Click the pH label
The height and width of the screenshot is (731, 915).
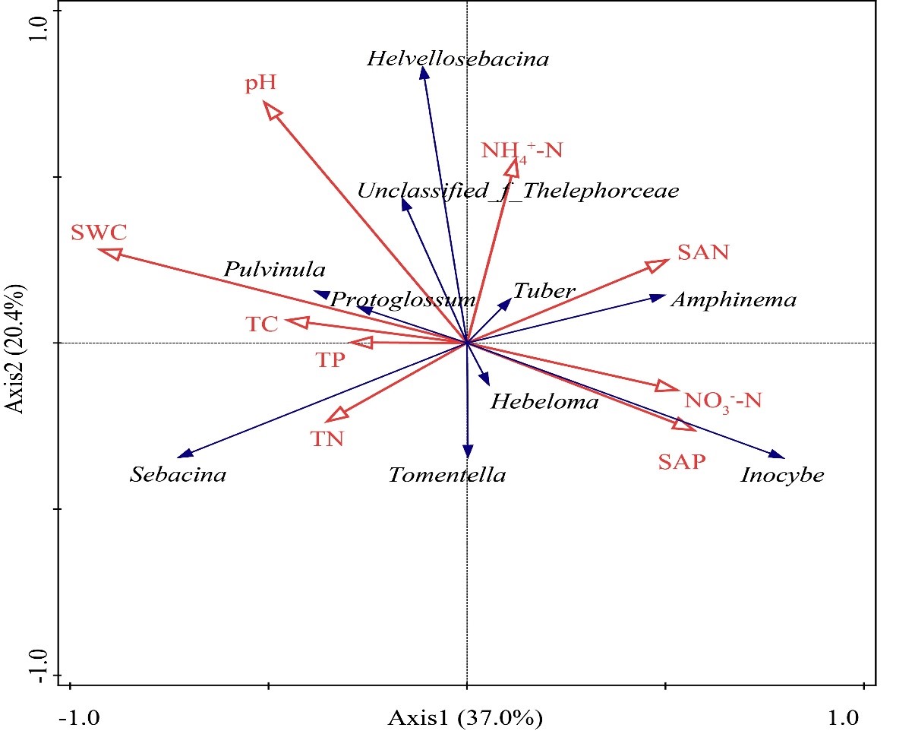tap(260, 83)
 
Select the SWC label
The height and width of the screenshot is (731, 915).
tap(99, 233)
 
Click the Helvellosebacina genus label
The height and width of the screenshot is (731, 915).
tap(457, 59)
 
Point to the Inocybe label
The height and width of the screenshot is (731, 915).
tap(782, 476)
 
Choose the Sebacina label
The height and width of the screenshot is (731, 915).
tap(178, 476)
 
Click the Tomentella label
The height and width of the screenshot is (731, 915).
tap(446, 476)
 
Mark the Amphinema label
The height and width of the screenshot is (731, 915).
tap(734, 300)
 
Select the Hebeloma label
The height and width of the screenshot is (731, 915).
tap(544, 402)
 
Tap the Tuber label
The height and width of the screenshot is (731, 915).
tap(544, 291)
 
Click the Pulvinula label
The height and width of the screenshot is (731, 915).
tap(274, 270)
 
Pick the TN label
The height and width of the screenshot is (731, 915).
tap(327, 439)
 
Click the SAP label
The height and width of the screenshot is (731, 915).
tap(681, 461)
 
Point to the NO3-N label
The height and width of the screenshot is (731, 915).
tap(722, 400)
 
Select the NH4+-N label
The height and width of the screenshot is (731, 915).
tap(522, 150)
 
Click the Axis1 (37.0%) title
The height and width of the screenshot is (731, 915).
tap(465, 717)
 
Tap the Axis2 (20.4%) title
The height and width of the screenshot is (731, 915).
tap(14, 348)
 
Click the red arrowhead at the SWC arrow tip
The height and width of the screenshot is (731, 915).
tap(109, 252)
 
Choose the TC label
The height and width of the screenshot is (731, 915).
tap(262, 325)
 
